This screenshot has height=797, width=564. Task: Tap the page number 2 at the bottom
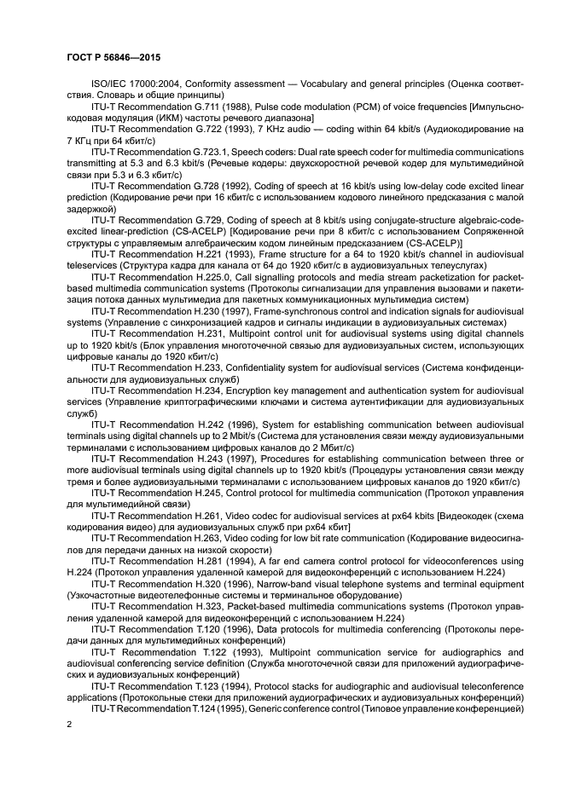[67, 724]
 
